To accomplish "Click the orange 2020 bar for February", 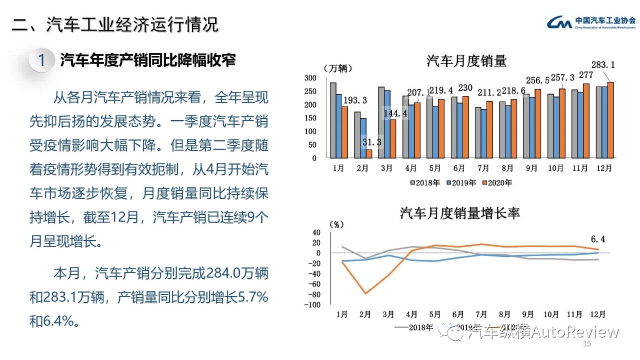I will (x=369, y=153).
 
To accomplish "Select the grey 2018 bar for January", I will (x=333, y=120).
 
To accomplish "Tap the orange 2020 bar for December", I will (x=610, y=120).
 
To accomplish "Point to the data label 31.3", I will (x=372, y=142).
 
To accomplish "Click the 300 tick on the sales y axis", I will (x=310, y=78).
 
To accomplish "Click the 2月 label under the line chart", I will (x=365, y=314).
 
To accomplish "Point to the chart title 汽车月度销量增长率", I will (x=460, y=213).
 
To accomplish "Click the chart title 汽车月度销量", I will (x=466, y=61).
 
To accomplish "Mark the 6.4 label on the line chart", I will (x=597, y=239).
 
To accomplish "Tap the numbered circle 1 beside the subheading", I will (x=41, y=61).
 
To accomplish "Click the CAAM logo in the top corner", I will (x=559, y=22).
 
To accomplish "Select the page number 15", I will (x=587, y=344).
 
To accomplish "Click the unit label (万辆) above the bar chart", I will (x=338, y=68).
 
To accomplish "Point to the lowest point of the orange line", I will (x=365, y=293).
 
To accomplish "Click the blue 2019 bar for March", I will (x=387, y=124).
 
